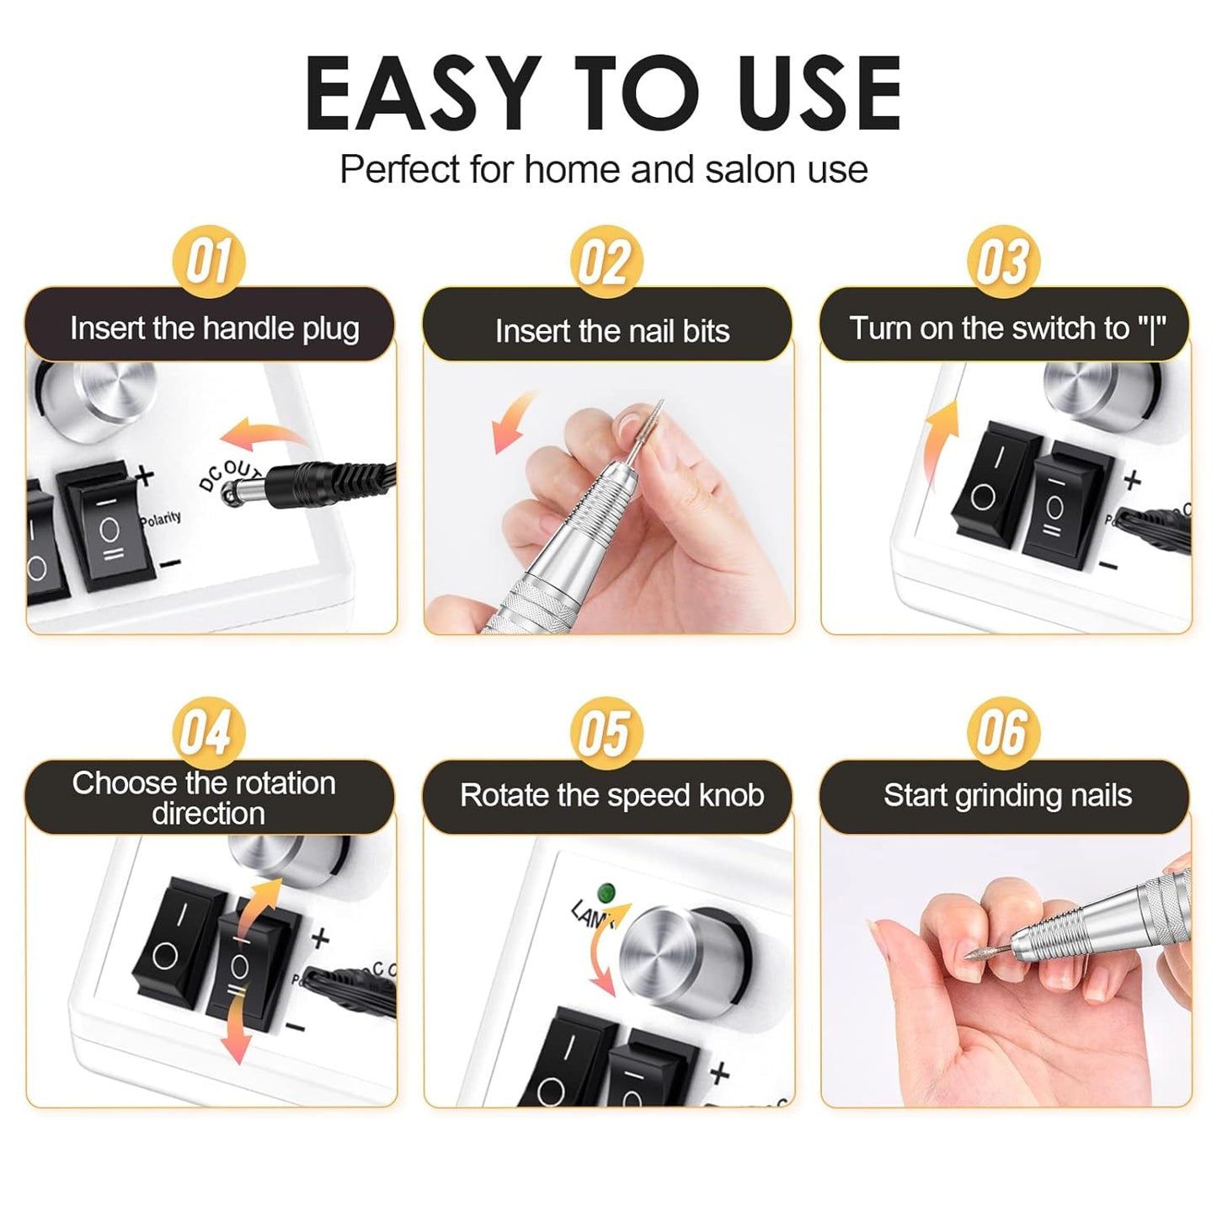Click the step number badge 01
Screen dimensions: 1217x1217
[x=208, y=261]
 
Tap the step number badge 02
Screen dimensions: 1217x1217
[x=606, y=262]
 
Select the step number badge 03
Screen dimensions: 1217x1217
[x=1002, y=261]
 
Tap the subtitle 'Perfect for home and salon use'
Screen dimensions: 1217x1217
[x=603, y=169]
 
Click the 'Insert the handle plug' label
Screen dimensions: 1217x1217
[x=214, y=328]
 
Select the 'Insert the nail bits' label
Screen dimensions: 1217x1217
[x=611, y=331]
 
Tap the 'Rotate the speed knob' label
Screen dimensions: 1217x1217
[x=611, y=795]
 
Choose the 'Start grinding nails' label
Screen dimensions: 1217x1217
[x=1007, y=795]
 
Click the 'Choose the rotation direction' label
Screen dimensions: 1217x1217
[x=204, y=798]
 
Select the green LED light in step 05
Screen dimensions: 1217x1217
[x=603, y=892]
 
